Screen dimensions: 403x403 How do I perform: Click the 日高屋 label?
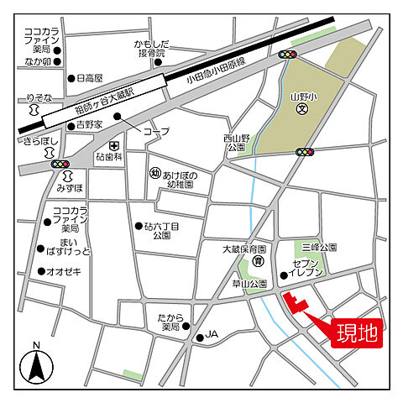point(88,78)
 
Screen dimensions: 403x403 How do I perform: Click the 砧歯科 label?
point(111,157)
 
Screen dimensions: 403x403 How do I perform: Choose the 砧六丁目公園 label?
point(161,231)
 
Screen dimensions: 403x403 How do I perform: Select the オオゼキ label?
point(64,271)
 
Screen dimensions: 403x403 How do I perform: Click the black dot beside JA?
point(199,338)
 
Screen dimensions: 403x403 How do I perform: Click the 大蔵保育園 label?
point(243,249)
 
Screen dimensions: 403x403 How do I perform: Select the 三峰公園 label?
point(320,249)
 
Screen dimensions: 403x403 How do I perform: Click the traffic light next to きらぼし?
point(60,164)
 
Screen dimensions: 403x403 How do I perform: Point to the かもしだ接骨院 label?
point(152,48)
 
